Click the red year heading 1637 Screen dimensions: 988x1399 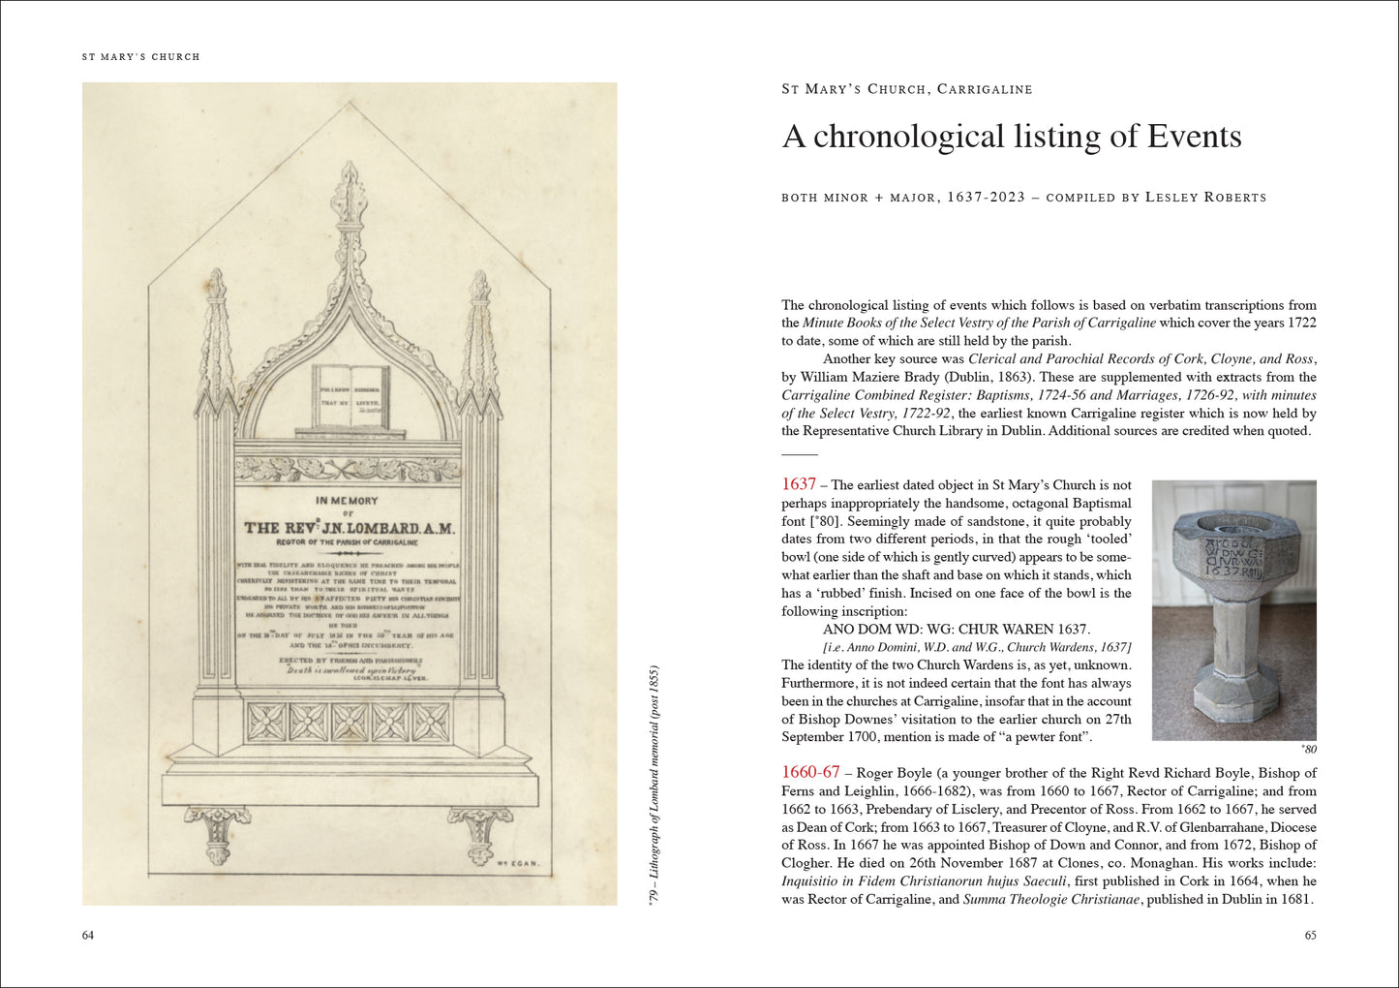click(799, 484)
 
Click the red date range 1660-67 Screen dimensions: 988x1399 click(810, 772)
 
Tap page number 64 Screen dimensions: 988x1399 click(88, 935)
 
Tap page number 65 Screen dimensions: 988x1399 click(1310, 935)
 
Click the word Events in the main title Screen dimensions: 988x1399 click(1194, 137)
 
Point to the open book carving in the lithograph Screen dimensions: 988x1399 click(350, 396)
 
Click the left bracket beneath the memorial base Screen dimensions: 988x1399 click(218, 833)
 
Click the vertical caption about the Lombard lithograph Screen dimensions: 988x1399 click(654, 786)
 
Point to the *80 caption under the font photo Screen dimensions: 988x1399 click(1308, 749)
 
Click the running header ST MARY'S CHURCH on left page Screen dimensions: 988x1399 click(141, 57)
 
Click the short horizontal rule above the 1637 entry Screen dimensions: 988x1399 click(800, 454)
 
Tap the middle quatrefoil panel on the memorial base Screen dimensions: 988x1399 click(350, 722)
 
